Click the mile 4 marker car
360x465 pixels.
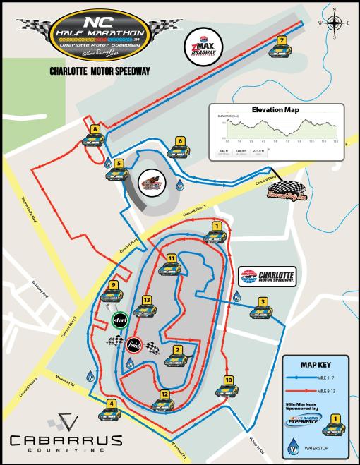point(111,413)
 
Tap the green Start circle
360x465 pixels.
point(119,322)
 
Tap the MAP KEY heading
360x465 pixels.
point(316,365)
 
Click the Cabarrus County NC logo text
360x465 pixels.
point(56,442)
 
